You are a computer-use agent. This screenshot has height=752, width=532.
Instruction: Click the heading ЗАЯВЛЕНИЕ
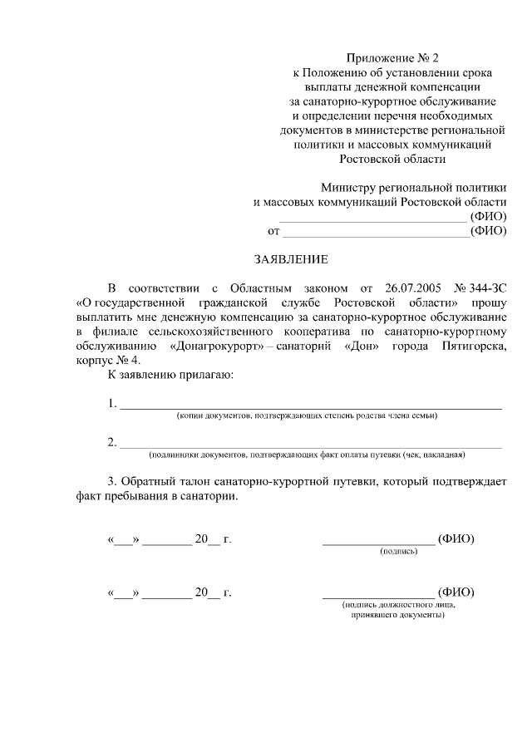click(285, 259)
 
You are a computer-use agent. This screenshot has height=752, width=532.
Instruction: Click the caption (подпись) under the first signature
click(398, 552)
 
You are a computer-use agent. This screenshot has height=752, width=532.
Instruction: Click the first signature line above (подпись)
click(378, 541)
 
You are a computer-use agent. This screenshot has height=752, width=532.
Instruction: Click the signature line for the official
click(378, 594)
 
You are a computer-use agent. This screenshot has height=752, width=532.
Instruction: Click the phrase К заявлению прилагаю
click(171, 375)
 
